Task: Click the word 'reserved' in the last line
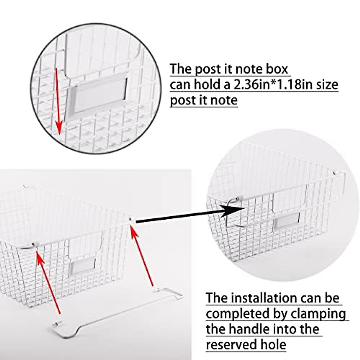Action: [231, 345]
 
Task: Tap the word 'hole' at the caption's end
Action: [273, 345]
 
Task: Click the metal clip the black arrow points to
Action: [235, 200]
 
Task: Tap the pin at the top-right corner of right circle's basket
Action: [337, 173]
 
